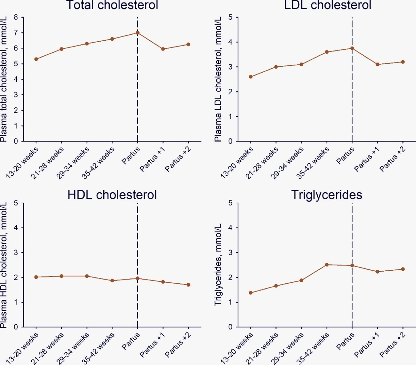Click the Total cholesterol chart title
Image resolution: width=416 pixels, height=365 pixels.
[x=112, y=5]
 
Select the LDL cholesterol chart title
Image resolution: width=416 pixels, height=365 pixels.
[x=327, y=5]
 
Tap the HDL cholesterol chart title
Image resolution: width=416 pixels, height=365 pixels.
[x=112, y=195]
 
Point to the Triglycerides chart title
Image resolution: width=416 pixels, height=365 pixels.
[x=327, y=195]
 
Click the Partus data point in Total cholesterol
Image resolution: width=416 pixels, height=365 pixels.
[x=138, y=33]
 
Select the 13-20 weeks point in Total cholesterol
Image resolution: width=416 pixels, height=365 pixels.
[x=36, y=59]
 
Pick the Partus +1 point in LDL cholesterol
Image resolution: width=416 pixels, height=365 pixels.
[x=377, y=64]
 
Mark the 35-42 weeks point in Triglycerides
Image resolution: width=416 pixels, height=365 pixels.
[x=327, y=265]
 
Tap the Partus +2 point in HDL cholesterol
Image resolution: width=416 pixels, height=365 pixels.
[x=188, y=285]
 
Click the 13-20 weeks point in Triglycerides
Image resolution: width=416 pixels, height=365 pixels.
[x=251, y=293]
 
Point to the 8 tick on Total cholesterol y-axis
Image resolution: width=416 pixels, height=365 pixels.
[x=16, y=17]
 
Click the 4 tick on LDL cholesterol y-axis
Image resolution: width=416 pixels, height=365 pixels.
[x=230, y=42]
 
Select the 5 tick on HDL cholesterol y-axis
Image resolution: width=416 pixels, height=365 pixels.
[x=16, y=203]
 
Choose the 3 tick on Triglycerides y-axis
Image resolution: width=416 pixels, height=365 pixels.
[x=230, y=253]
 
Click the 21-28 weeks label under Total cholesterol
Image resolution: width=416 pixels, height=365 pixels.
[x=48, y=163]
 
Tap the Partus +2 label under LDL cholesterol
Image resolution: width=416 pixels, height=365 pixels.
[x=393, y=159]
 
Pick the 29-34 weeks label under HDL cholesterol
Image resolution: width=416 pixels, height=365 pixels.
[x=73, y=348]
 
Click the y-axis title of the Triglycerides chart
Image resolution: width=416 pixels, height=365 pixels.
[x=218, y=265]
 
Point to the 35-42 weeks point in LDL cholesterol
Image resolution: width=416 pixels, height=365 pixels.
[x=327, y=52]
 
